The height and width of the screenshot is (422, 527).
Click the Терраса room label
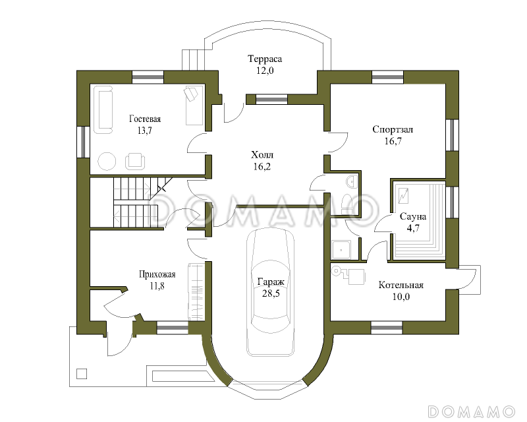(265, 59)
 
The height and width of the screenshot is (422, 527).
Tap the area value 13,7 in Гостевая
(144, 131)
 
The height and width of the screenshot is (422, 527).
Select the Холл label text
(262, 155)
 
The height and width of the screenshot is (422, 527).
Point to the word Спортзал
(393, 129)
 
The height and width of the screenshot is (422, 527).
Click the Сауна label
(413, 216)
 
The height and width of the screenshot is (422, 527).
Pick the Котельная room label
(401, 285)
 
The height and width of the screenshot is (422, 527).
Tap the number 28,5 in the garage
(271, 293)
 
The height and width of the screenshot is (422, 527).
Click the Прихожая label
(157, 274)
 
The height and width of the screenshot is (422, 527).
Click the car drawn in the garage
(270, 292)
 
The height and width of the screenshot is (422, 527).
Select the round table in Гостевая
(107, 161)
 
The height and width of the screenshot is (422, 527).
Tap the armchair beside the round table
(135, 161)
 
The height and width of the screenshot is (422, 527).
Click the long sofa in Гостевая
(103, 109)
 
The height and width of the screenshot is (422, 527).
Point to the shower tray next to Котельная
(341, 250)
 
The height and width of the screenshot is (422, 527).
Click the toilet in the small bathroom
(347, 204)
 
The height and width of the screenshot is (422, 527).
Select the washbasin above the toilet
(352, 181)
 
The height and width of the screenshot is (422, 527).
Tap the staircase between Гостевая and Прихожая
(136, 202)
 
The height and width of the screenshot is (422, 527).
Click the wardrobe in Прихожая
(196, 291)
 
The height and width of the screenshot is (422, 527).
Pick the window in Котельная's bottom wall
(387, 327)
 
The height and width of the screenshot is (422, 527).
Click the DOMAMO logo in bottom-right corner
(472, 411)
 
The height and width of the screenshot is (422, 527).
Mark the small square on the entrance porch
(82, 374)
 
